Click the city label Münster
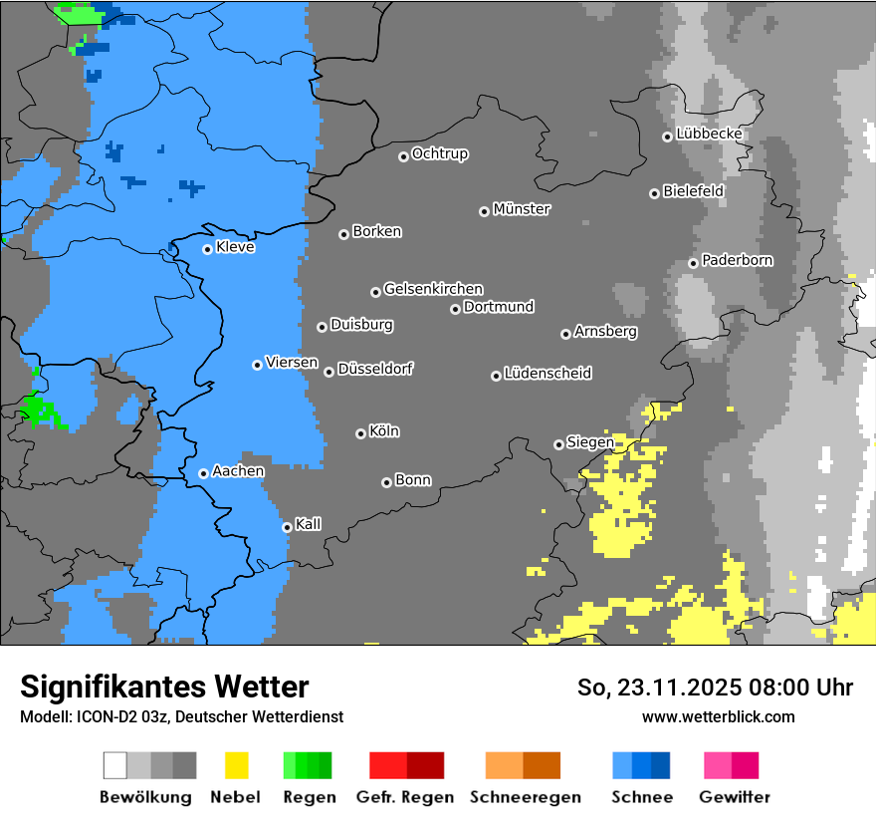(x=522, y=209)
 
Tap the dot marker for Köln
(x=360, y=433)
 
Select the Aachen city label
(x=238, y=471)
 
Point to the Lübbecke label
(x=709, y=134)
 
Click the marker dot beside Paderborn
(x=693, y=263)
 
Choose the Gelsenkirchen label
(x=433, y=289)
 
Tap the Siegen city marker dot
(x=558, y=444)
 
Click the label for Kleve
(x=235, y=247)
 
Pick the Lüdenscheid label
(x=547, y=374)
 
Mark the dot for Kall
(x=287, y=527)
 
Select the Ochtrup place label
(x=440, y=153)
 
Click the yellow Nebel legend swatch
(x=236, y=765)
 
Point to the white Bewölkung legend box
(x=115, y=765)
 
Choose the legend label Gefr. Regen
(x=405, y=797)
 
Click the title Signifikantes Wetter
(x=164, y=687)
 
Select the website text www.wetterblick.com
(x=718, y=716)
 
